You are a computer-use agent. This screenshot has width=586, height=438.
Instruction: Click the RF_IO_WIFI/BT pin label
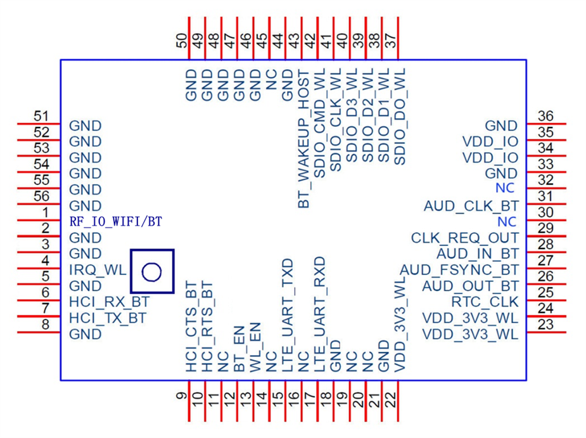click(x=116, y=222)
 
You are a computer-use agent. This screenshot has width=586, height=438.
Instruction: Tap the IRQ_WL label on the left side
click(x=97, y=270)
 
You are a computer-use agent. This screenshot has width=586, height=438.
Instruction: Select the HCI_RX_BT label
click(x=109, y=302)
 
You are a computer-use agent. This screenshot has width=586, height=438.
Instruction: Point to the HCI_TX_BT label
click(x=108, y=318)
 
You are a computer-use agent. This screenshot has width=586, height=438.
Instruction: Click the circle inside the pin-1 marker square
click(x=152, y=272)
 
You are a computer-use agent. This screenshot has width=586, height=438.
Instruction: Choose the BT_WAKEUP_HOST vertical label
click(x=303, y=138)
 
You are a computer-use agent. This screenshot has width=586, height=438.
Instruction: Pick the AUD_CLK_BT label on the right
click(x=471, y=206)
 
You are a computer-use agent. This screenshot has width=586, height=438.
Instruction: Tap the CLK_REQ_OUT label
click(x=464, y=238)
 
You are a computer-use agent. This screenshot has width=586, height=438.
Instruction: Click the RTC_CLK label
click(x=485, y=302)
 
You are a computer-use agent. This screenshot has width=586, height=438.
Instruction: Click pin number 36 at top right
click(x=545, y=116)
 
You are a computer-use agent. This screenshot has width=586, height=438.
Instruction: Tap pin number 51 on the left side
click(x=42, y=116)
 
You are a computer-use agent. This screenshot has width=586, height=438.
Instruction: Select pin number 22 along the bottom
click(x=390, y=399)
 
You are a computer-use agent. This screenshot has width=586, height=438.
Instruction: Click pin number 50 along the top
click(x=182, y=42)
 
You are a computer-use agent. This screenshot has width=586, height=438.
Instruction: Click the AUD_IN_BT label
click(x=478, y=254)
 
